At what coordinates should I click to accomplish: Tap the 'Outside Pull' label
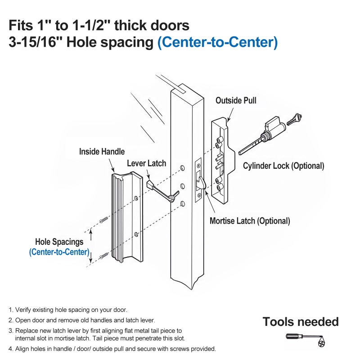click(x=236, y=100)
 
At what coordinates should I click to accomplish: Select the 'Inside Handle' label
click(x=102, y=152)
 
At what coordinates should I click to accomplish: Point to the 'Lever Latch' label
click(x=147, y=163)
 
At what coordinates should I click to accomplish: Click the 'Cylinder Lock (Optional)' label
click(x=283, y=166)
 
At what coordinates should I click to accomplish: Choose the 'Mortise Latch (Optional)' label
click(x=250, y=221)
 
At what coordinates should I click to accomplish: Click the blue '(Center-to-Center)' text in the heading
click(x=217, y=42)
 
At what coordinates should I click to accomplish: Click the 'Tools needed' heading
click(x=301, y=322)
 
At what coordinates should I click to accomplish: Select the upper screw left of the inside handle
click(x=103, y=220)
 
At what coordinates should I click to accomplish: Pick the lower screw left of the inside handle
click(x=104, y=256)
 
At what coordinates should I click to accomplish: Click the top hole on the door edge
click(x=183, y=168)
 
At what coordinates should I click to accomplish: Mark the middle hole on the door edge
click(x=183, y=186)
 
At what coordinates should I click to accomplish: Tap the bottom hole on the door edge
click(x=183, y=204)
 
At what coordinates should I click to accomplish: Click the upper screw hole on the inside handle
click(x=136, y=198)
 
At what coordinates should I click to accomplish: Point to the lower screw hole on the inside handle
click(x=136, y=234)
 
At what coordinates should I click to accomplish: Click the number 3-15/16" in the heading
click(x=32, y=42)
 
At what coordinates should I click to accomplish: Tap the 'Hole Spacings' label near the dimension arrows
click(x=59, y=242)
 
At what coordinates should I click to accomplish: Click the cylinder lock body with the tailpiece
click(x=262, y=136)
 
